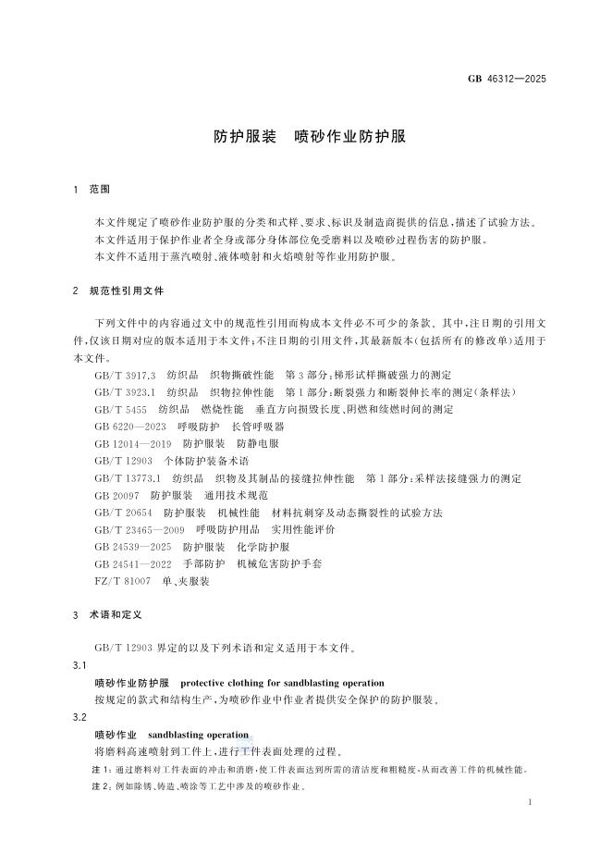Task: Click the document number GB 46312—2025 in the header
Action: pyautogui.click(x=508, y=79)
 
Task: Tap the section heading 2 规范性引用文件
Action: pyautogui.click(x=117, y=291)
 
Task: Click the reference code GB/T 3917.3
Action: pyautogui.click(x=125, y=375)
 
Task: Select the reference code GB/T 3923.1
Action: pyautogui.click(x=125, y=391)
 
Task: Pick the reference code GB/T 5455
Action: pyautogui.click(x=120, y=408)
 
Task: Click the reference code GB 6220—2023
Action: pyautogui.click(x=130, y=427)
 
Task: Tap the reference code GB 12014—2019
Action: pyautogui.click(x=133, y=443)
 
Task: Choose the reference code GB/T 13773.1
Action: pyautogui.click(x=128, y=478)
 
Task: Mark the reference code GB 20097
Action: pyautogui.click(x=117, y=496)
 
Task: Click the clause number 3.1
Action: pyautogui.click(x=80, y=666)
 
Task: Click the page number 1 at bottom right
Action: pyautogui.click(x=528, y=805)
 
